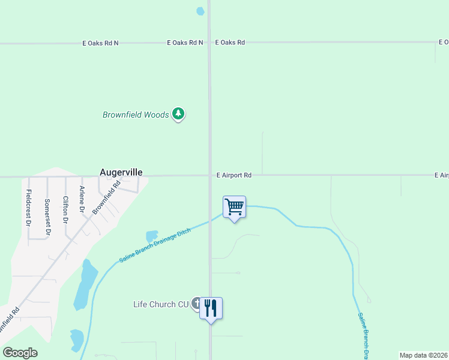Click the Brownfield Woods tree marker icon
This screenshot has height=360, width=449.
click(178, 113)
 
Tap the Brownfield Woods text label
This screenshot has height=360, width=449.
click(136, 115)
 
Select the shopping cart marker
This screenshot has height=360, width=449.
click(234, 208)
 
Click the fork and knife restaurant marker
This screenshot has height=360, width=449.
click(211, 308)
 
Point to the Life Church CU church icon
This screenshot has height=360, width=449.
click(196, 304)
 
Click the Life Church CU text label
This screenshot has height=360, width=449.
click(161, 304)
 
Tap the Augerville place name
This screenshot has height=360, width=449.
click(121, 172)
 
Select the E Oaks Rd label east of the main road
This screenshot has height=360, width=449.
click(229, 43)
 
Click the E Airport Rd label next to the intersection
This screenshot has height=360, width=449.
click(234, 175)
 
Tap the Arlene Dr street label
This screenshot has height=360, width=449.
click(82, 199)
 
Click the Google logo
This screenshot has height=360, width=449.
click(20, 353)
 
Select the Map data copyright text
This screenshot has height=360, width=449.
click(423, 355)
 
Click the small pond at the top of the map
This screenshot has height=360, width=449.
click(200, 11)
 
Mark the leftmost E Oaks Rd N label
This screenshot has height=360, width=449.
click(100, 43)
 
